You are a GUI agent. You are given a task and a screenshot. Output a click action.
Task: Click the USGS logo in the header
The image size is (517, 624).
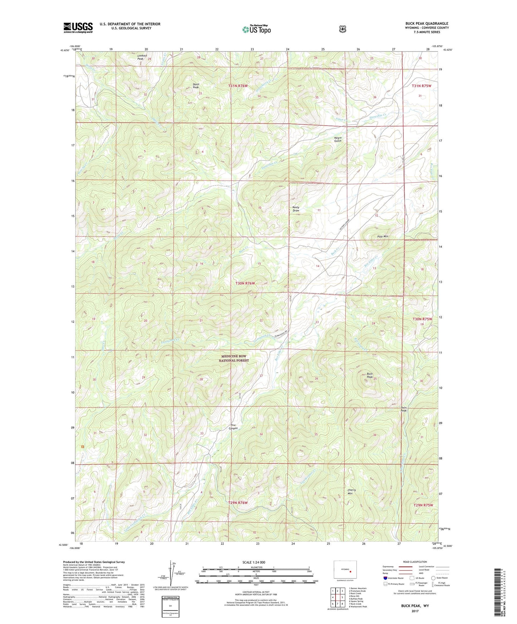tap(78, 28)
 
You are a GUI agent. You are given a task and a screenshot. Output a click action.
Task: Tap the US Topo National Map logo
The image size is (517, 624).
tap(256, 29)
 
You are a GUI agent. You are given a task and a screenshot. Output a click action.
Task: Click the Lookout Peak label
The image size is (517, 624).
tap(142, 57)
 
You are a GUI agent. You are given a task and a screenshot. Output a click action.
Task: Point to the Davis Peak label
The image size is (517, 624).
tap(196, 86)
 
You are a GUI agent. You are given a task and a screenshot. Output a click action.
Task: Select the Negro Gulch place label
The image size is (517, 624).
tap(338, 139)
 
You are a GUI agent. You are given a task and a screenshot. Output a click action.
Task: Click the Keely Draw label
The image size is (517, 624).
tap(296, 209)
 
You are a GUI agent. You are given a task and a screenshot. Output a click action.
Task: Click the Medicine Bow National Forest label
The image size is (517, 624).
tap(234, 358)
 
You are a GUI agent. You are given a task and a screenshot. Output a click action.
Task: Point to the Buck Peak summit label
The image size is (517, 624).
tap(370, 376)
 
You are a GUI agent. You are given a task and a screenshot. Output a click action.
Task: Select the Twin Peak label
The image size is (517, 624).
tap(404, 409)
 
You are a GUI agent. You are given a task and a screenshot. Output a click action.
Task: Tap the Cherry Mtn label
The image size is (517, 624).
tap(352, 492)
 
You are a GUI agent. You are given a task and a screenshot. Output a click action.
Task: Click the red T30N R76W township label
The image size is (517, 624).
tap(245, 283)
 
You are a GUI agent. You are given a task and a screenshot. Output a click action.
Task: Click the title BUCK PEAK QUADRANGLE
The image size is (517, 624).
tap(426, 24)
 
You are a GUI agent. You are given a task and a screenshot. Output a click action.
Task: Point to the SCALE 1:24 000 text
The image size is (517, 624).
tap(254, 562)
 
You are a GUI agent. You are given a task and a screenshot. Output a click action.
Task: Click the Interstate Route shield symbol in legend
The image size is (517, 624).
tap(385, 578)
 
